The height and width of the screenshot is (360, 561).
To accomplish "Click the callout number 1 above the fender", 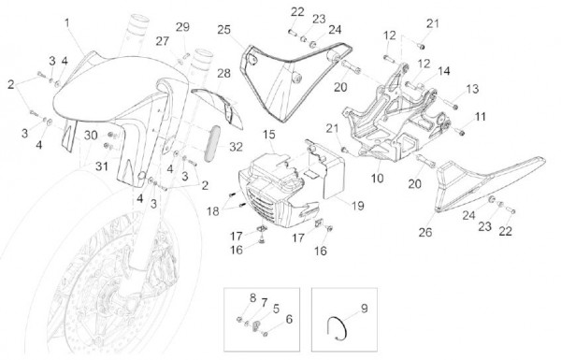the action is point(67,22).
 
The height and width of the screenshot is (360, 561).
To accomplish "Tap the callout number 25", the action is point(224,29).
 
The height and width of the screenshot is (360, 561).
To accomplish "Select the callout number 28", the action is point(224,73).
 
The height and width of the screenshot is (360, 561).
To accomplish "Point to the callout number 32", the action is point(236,147).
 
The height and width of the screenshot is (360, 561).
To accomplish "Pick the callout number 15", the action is point(269,135).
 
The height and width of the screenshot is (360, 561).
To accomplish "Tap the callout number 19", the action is point(357,206).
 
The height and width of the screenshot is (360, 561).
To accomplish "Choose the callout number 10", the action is point(377,178).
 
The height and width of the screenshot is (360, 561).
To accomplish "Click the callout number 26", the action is point(425,232).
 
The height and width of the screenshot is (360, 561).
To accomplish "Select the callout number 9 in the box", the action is point(365,309).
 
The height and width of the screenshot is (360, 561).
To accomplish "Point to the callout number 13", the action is point(472,89).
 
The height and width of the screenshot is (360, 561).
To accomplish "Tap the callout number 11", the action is point(481,117).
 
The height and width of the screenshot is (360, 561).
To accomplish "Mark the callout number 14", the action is point(443,71).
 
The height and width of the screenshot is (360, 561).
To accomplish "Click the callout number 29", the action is point(182,27).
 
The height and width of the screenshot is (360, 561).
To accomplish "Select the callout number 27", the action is point(162,41).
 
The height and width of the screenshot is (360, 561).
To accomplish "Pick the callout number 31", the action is point(102,166).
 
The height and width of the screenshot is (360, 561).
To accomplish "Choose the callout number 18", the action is point(213,211).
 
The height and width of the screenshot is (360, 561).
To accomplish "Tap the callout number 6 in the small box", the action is point(289,319).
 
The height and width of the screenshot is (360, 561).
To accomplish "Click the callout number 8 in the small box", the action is point(253,297).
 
